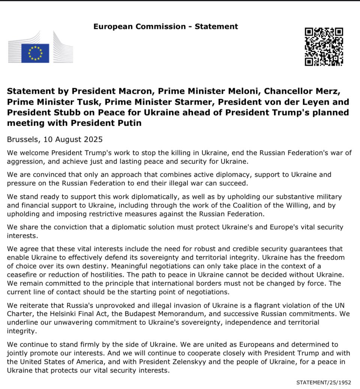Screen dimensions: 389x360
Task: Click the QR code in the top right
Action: tap(324, 47)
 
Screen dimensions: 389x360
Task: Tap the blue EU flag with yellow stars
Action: tap(35, 53)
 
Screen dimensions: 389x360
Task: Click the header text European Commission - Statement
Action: tap(165, 26)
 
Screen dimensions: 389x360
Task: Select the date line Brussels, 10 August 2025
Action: tap(55, 139)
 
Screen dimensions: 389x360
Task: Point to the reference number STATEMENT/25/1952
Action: tap(323, 382)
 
